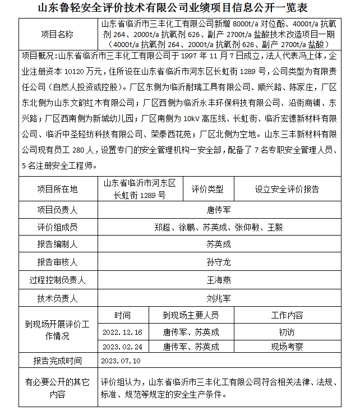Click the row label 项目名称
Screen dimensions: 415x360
[57, 34]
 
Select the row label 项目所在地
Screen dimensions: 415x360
[57, 189]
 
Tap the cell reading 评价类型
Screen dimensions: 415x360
[207, 189]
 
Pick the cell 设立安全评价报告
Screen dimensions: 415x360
[287, 189]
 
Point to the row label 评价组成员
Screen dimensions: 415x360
[57, 227]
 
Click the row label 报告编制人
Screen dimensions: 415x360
[57, 245]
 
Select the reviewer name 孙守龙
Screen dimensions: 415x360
[219, 262]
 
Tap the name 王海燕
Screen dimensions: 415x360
[219, 280]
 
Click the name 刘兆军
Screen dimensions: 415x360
[219, 298]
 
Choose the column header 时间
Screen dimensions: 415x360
[122, 315]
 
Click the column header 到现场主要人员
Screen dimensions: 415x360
[191, 315]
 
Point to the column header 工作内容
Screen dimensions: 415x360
[287, 315]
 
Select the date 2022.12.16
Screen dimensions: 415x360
[123, 331]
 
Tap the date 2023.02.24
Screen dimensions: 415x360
[123, 347]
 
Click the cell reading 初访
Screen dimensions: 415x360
[287, 331]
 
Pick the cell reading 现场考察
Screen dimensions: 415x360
[287, 347]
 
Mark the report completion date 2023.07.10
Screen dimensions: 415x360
[121, 361]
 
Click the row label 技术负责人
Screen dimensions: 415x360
[57, 298]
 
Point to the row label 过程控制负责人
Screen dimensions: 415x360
[57, 280]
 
